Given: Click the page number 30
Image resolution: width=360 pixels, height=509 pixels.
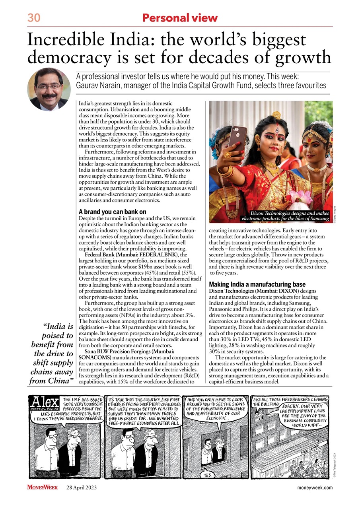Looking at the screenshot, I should pos(33,18).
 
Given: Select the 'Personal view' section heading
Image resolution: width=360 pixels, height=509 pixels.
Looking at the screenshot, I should pos(180,18).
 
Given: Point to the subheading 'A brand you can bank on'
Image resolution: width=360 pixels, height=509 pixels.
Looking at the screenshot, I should pos(112,212).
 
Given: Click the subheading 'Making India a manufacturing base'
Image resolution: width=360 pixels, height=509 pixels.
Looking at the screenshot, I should pos(257,284).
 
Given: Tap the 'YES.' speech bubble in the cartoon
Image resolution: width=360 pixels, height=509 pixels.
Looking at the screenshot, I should pos(208,475).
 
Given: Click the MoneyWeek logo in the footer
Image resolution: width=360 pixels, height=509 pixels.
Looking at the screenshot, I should pos(43,488).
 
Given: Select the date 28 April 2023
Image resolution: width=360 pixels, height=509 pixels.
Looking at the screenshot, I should pos(81,488).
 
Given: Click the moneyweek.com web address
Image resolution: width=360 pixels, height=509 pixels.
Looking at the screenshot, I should pos(315,488).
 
